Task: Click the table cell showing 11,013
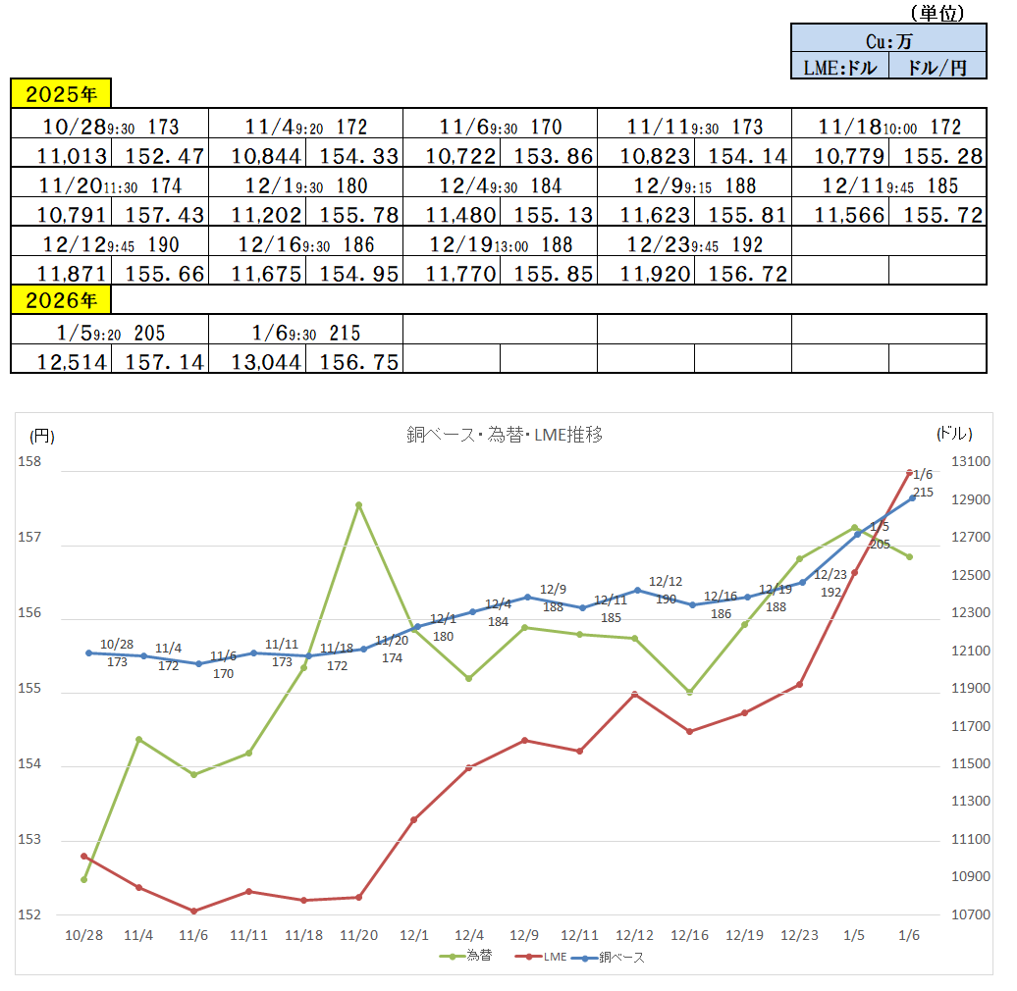[x=61, y=155]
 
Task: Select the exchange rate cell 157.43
[x=158, y=215]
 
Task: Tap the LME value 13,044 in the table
[x=255, y=362]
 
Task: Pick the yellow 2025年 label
[x=61, y=94]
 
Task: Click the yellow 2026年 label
[x=61, y=299]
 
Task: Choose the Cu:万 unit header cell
[x=888, y=40]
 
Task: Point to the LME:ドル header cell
[x=839, y=67]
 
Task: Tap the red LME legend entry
[x=545, y=957]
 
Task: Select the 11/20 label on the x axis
[x=359, y=935]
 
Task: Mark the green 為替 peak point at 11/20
[x=359, y=505]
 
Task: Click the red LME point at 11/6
[x=194, y=911]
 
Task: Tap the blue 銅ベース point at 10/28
[x=88, y=652]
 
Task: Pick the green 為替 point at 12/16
[x=689, y=692]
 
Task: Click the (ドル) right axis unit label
[x=954, y=433]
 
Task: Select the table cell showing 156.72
[x=742, y=274]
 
